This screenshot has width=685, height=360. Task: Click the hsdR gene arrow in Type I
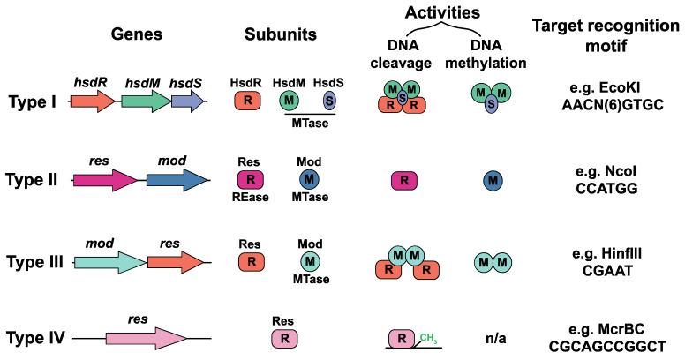[91, 101]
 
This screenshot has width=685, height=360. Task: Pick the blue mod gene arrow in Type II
[177, 180]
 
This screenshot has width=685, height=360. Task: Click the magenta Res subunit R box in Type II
[251, 180]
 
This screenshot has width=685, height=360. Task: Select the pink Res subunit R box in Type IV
[283, 337]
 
